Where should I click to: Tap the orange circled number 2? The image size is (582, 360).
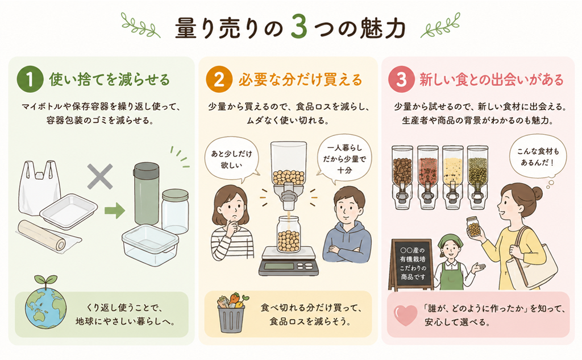(x=219, y=80)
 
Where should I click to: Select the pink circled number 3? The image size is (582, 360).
(x=401, y=80)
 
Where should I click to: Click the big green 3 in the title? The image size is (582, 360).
(x=299, y=27)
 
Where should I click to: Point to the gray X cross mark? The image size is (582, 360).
(x=100, y=177)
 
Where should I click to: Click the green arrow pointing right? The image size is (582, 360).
(x=114, y=210)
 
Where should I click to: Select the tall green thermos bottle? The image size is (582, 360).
(x=146, y=193)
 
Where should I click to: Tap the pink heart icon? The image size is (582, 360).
(x=406, y=315)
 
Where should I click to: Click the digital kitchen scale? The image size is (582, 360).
(x=288, y=261)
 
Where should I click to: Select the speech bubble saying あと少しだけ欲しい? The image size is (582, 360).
(x=232, y=160)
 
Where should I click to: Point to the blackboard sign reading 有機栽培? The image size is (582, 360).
(x=413, y=264)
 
